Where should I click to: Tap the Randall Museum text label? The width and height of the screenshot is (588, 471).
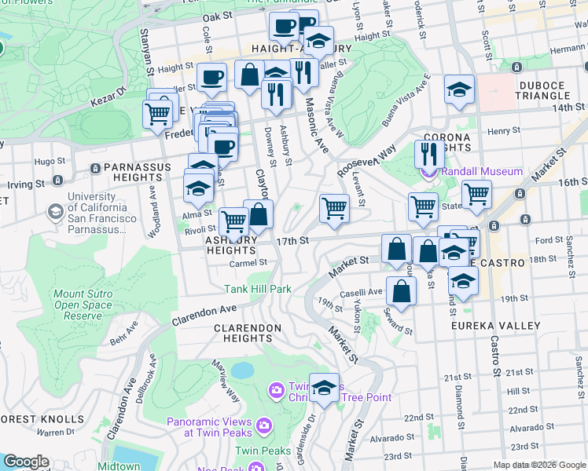481,171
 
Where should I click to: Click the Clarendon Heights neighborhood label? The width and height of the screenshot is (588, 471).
248,333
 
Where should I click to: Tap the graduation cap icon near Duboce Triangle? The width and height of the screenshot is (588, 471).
459,91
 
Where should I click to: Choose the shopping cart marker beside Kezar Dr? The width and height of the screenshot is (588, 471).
158,113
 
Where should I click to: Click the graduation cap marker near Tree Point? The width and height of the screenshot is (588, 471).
324,387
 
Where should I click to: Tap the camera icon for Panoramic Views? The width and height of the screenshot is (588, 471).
263,425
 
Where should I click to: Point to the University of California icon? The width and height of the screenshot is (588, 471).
56,211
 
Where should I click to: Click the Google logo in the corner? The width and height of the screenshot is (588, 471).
26,462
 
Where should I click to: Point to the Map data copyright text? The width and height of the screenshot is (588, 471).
538,465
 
